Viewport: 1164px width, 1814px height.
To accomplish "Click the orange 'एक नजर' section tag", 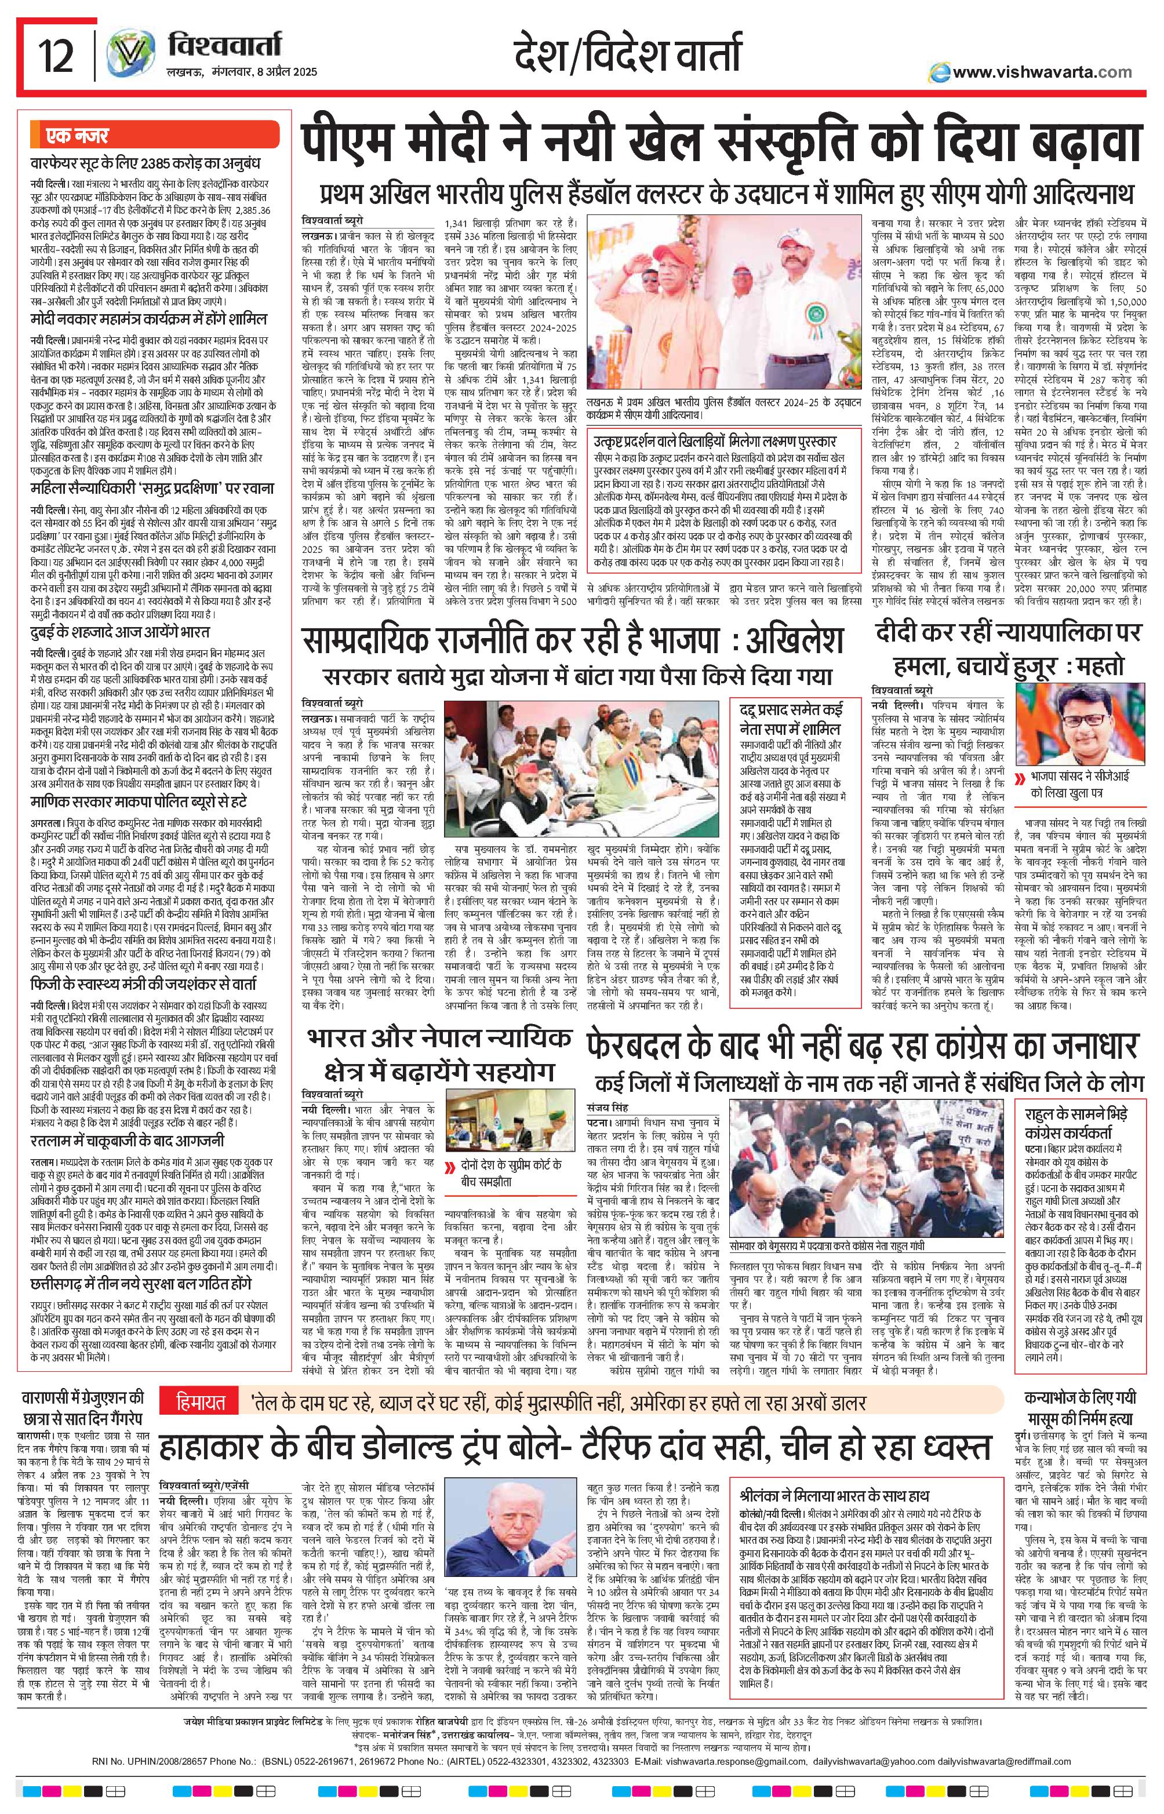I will point(72,136).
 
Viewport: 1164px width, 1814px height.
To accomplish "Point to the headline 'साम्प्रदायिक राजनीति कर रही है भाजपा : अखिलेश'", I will point(573,644).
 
